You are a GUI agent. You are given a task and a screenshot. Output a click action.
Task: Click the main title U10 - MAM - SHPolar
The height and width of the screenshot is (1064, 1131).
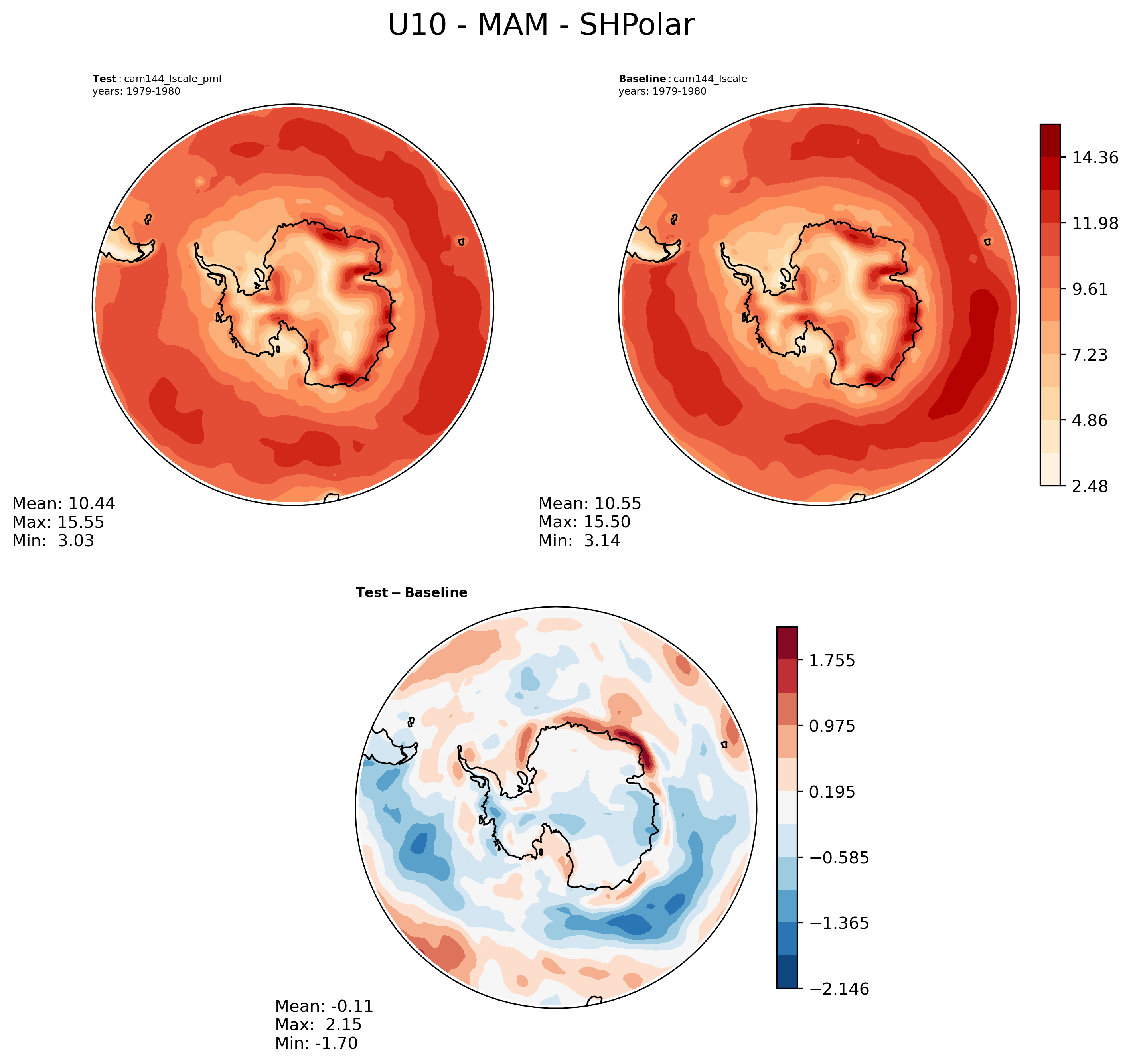coord(541,26)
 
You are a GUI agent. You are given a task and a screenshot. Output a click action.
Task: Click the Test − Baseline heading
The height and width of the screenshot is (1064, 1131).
coord(411,593)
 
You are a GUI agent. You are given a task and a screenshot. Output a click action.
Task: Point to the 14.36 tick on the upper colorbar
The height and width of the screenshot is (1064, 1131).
coord(1095,157)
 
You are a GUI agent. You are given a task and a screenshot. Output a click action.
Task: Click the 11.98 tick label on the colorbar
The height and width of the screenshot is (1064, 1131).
coord(1095,223)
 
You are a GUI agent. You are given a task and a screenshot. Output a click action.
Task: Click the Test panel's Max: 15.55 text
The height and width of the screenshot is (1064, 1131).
coord(58,522)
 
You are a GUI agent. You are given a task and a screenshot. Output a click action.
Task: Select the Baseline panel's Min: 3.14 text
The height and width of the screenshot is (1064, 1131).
coord(579,541)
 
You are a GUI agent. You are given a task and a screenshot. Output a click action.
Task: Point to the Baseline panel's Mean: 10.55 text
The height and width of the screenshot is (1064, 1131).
coord(589,503)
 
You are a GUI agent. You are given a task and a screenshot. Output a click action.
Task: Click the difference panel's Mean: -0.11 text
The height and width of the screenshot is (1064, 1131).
coord(324,1006)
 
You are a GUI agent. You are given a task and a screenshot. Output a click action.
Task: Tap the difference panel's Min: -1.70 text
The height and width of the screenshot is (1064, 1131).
coord(316,1043)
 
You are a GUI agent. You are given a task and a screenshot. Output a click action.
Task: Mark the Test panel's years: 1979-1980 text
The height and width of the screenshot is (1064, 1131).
coord(136,91)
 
